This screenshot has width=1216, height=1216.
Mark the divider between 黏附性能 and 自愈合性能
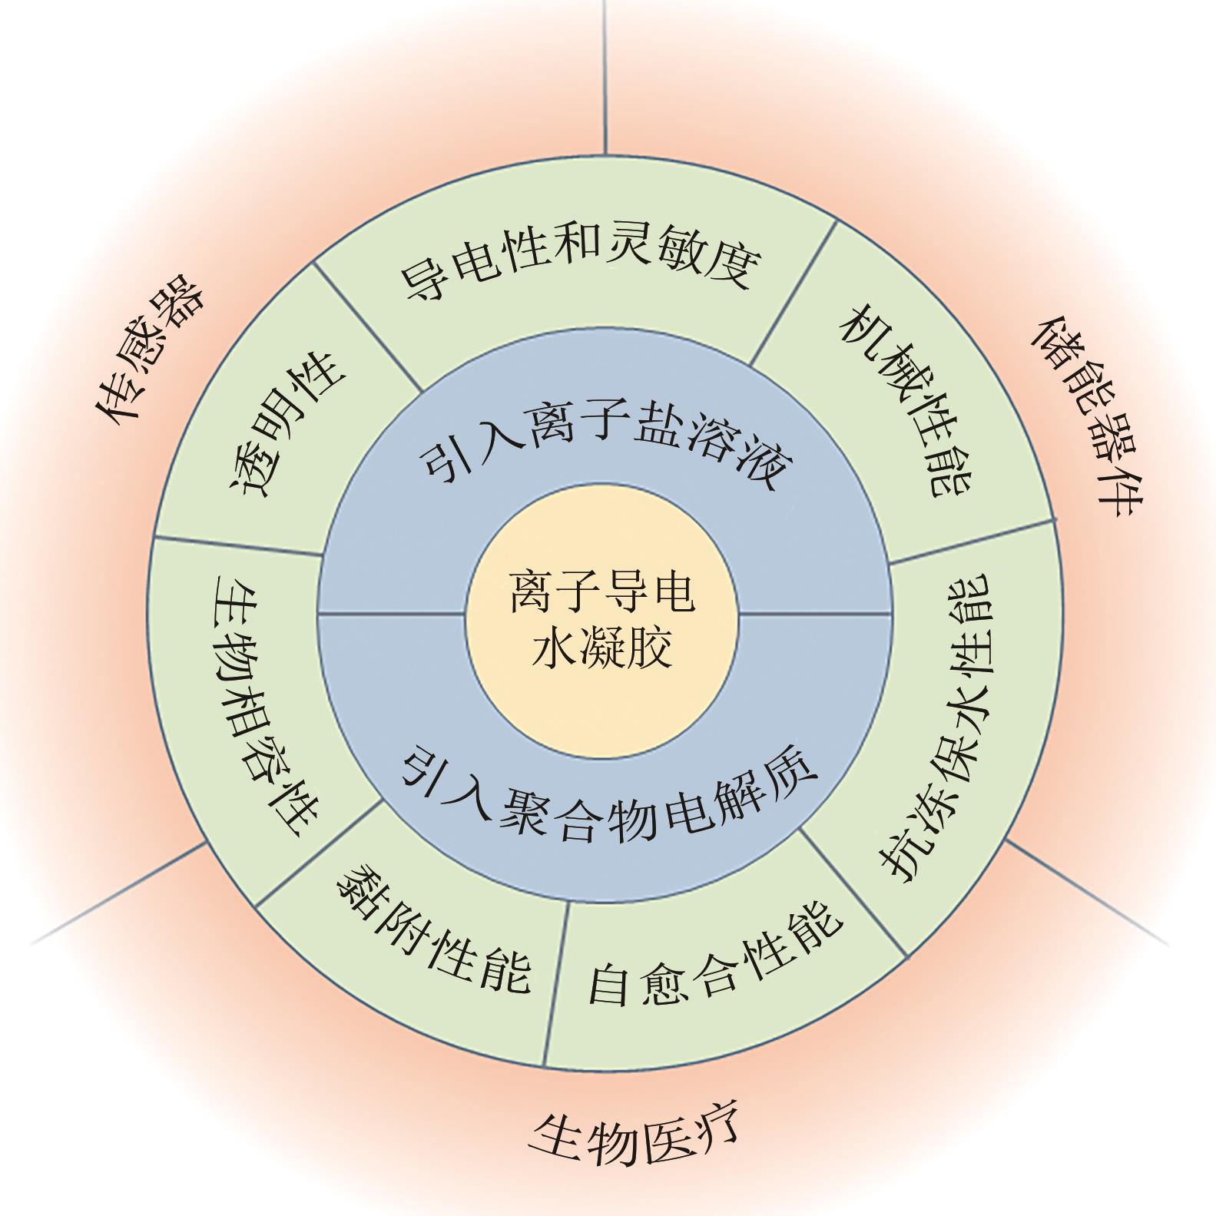[x=556, y=984]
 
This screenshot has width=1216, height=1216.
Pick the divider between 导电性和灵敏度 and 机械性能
[x=793, y=293]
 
